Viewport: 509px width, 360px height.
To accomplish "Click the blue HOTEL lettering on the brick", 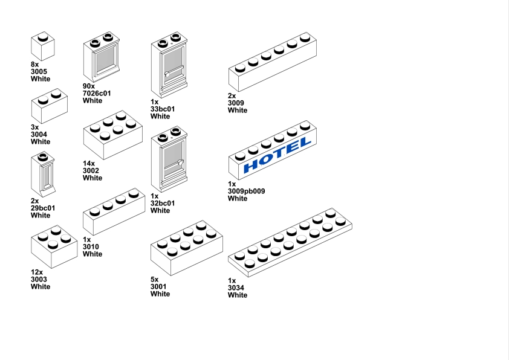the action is click(x=277, y=155).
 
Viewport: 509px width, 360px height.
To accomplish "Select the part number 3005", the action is click(x=39, y=72).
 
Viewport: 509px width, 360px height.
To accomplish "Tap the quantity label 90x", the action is click(x=89, y=86).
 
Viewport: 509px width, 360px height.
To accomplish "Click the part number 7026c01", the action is click(x=97, y=94).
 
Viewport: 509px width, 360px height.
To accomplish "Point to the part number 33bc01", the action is click(x=163, y=109).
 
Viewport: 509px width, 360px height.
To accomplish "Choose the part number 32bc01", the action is click(x=163, y=204).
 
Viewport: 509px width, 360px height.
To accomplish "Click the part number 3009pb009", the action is click(x=247, y=191).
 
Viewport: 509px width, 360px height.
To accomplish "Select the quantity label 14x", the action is click(x=89, y=164).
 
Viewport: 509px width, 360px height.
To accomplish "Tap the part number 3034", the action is click(x=236, y=288).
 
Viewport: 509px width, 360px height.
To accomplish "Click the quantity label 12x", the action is click(x=37, y=272).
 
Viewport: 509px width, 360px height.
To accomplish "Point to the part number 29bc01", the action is click(x=43, y=208).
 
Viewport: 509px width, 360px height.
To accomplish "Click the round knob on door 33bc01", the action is click(x=167, y=74).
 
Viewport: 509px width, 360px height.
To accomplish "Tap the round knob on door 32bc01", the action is click(x=181, y=162).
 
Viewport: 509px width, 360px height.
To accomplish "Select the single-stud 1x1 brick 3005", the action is click(x=43, y=46).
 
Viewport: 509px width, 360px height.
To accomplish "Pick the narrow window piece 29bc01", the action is click(x=43, y=175).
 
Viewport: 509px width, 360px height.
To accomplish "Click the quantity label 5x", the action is click(x=155, y=280).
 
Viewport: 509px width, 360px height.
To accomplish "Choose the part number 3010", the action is click(x=91, y=247).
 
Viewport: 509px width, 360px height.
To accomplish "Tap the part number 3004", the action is click(x=39, y=134).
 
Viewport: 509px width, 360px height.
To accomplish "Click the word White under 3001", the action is click(x=160, y=294).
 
